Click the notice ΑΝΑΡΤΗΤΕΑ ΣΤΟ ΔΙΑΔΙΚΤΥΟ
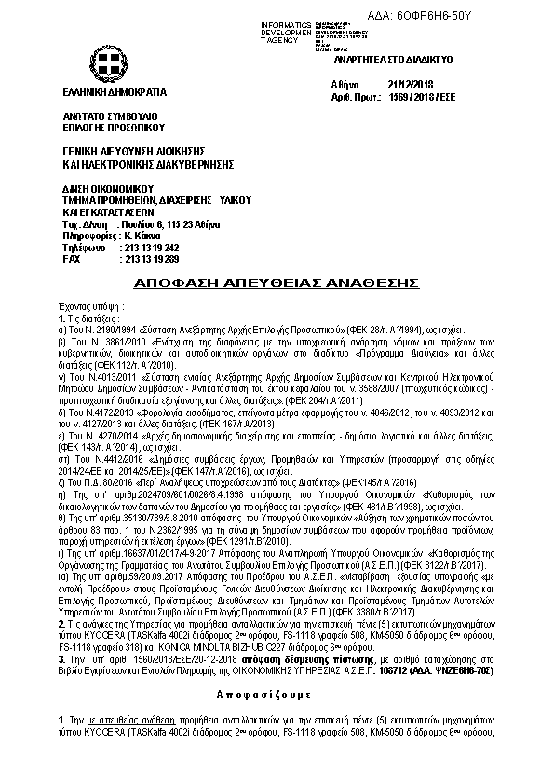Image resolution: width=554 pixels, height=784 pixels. (392, 58)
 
